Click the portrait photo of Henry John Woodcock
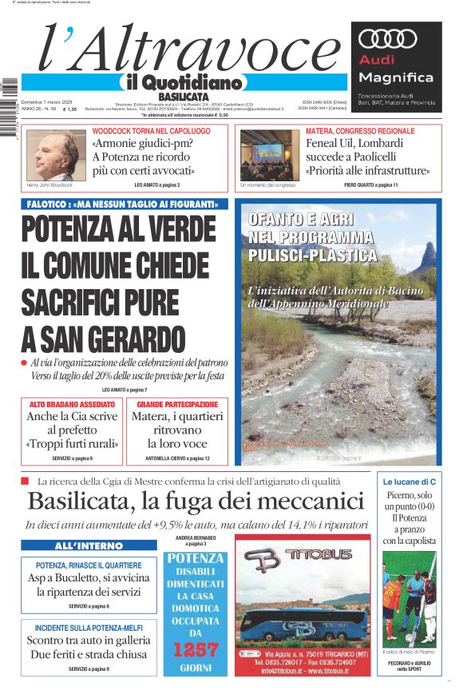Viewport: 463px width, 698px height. point(53,155)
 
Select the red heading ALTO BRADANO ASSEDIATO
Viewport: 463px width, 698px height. point(72,405)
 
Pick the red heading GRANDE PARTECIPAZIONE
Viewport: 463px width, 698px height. point(176,405)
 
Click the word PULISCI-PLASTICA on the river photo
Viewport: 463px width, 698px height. point(312,256)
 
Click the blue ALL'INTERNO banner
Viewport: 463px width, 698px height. point(89,545)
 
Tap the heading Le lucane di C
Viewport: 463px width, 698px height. point(410,482)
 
